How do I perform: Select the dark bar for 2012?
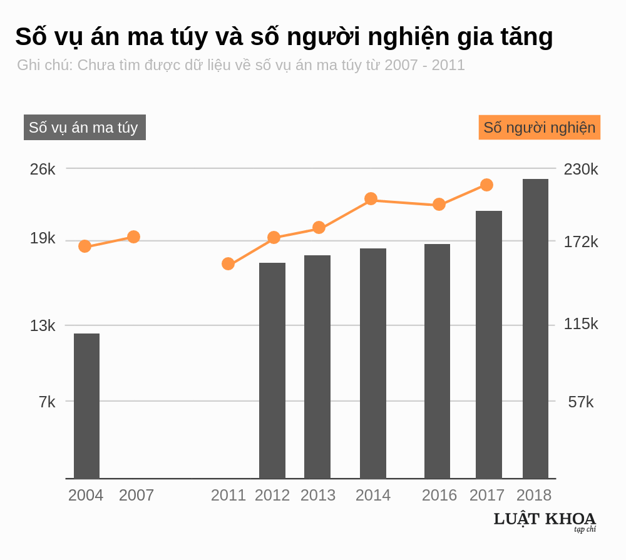pos(272,370)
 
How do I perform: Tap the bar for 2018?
pos(535,328)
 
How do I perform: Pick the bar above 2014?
pos(373,363)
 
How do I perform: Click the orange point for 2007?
pos(133,237)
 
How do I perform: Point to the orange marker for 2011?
pos(228,263)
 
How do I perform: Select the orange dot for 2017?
pos(486,185)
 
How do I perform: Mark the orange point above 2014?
pos(371,199)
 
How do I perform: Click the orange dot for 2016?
pos(439,204)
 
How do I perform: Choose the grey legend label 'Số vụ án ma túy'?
pos(85,128)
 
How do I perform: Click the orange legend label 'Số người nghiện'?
pos(539,128)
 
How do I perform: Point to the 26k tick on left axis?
pos(43,169)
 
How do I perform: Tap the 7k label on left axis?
pos(47,402)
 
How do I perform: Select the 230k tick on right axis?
pos(581,169)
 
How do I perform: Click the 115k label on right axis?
pos(581,324)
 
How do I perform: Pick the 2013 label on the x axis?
pos(317,495)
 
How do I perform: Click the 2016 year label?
pos(439,495)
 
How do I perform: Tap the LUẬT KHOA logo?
pos(545,521)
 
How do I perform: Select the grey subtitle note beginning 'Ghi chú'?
pos(241,65)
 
